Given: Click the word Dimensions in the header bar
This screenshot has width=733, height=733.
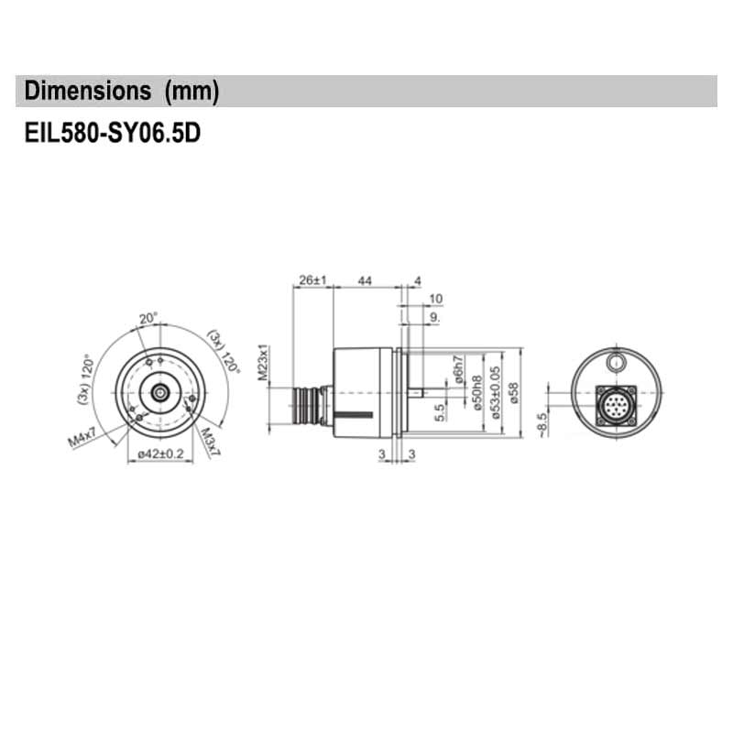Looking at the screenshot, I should (87, 91).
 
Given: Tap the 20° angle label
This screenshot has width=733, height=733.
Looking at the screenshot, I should (148, 318).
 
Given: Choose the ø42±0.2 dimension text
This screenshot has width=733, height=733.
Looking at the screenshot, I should (160, 453).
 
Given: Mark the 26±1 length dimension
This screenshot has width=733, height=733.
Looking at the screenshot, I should (312, 279).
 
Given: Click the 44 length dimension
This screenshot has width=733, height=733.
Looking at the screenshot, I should (365, 279).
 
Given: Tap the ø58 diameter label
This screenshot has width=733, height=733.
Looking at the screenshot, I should (514, 392).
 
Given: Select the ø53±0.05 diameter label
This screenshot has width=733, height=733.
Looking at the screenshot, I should (496, 392).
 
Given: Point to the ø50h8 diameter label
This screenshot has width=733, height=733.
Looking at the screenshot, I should (476, 392).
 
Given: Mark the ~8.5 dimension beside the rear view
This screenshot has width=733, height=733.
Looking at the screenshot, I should (542, 424).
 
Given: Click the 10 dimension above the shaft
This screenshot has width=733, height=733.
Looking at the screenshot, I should (435, 298).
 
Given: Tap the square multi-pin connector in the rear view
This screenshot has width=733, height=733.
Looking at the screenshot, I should (615, 403).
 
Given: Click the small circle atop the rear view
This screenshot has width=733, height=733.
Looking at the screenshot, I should (616, 361).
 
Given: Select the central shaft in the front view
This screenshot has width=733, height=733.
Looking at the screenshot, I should (160, 392).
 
